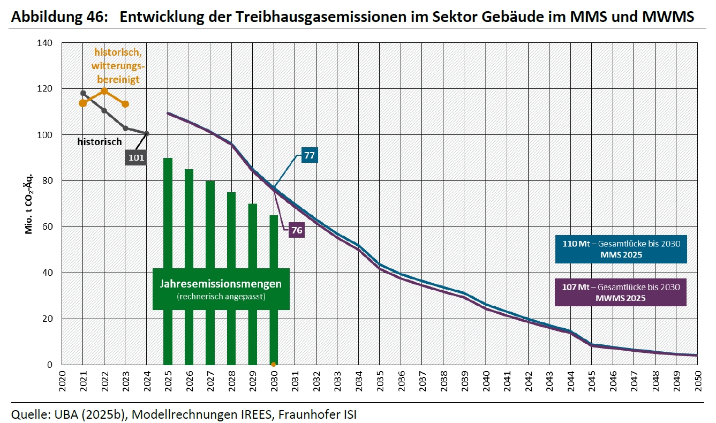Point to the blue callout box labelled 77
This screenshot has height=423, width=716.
(310, 155)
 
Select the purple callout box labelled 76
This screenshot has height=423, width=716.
(296, 230)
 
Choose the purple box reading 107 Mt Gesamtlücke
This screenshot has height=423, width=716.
(620, 292)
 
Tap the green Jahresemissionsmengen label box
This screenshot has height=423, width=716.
(221, 289)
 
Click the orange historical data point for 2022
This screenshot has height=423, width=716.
(104, 92)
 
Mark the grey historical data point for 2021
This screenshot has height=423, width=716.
(83, 93)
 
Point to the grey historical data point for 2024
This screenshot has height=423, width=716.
(147, 133)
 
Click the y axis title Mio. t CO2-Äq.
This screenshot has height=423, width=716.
(29, 203)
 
